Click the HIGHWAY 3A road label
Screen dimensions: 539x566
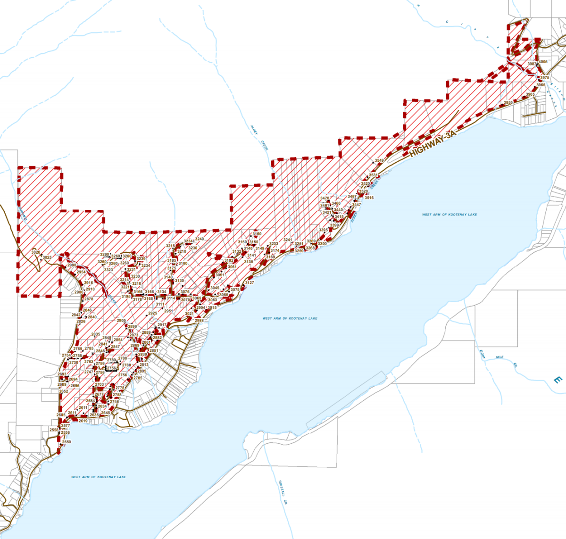pos(433,144)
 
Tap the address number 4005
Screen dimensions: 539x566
pos(543,62)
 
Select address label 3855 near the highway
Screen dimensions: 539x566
pos(508,102)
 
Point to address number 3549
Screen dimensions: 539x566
pos(379,161)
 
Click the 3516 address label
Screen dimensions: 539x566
pos(369,198)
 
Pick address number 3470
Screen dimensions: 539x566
pos(325,199)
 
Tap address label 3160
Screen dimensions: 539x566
pos(257,234)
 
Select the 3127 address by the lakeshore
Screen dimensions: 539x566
pos(249,283)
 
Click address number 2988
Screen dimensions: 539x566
pos(199,320)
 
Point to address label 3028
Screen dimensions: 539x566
pos(36,252)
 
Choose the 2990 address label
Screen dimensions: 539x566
pos(72,265)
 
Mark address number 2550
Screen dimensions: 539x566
pos(66,442)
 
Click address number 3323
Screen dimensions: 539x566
pos(108,270)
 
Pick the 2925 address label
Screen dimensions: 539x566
pos(152,313)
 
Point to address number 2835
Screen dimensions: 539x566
pos(96,334)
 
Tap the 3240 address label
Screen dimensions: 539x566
pos(200,239)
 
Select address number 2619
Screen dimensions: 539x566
pos(83,421)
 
